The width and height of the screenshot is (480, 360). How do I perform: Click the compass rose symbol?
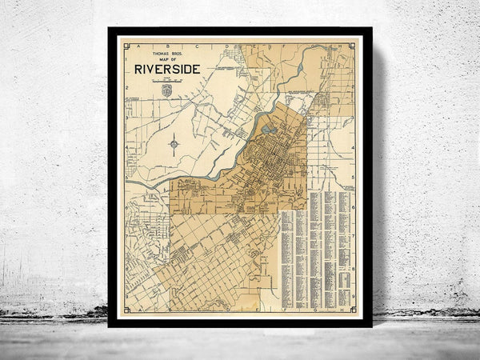coord(174,145)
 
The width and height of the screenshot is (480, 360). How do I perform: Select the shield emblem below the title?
coord(166,90)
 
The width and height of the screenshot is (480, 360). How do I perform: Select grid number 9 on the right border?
coord(353,298)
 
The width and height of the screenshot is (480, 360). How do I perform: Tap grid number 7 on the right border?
coord(353,238)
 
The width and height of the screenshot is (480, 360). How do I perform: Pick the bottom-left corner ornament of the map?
coord(128,308)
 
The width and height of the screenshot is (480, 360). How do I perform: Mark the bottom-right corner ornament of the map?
coord(352,309)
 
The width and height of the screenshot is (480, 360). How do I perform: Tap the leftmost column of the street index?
coord(286,248)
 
